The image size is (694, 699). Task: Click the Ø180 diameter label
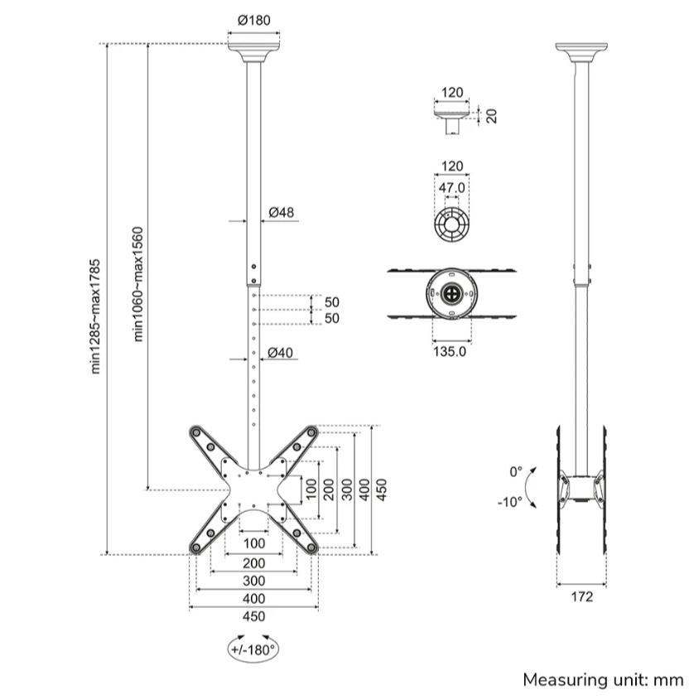(253, 20)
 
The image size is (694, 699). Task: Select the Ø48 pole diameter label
(282, 213)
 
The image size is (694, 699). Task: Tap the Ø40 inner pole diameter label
(281, 353)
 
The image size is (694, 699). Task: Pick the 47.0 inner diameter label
(451, 188)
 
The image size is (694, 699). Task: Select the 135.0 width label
(451, 350)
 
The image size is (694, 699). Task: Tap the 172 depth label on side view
(582, 597)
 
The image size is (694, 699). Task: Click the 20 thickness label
(491, 114)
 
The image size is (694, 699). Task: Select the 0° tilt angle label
(516, 471)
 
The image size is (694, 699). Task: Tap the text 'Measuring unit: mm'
(603, 680)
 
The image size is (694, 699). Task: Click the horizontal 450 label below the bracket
(253, 616)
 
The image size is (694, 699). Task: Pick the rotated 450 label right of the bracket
(382, 489)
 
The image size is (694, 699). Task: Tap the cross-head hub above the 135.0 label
(451, 293)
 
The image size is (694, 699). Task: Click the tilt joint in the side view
(581, 488)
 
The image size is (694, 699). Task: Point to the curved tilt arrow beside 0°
(534, 487)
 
